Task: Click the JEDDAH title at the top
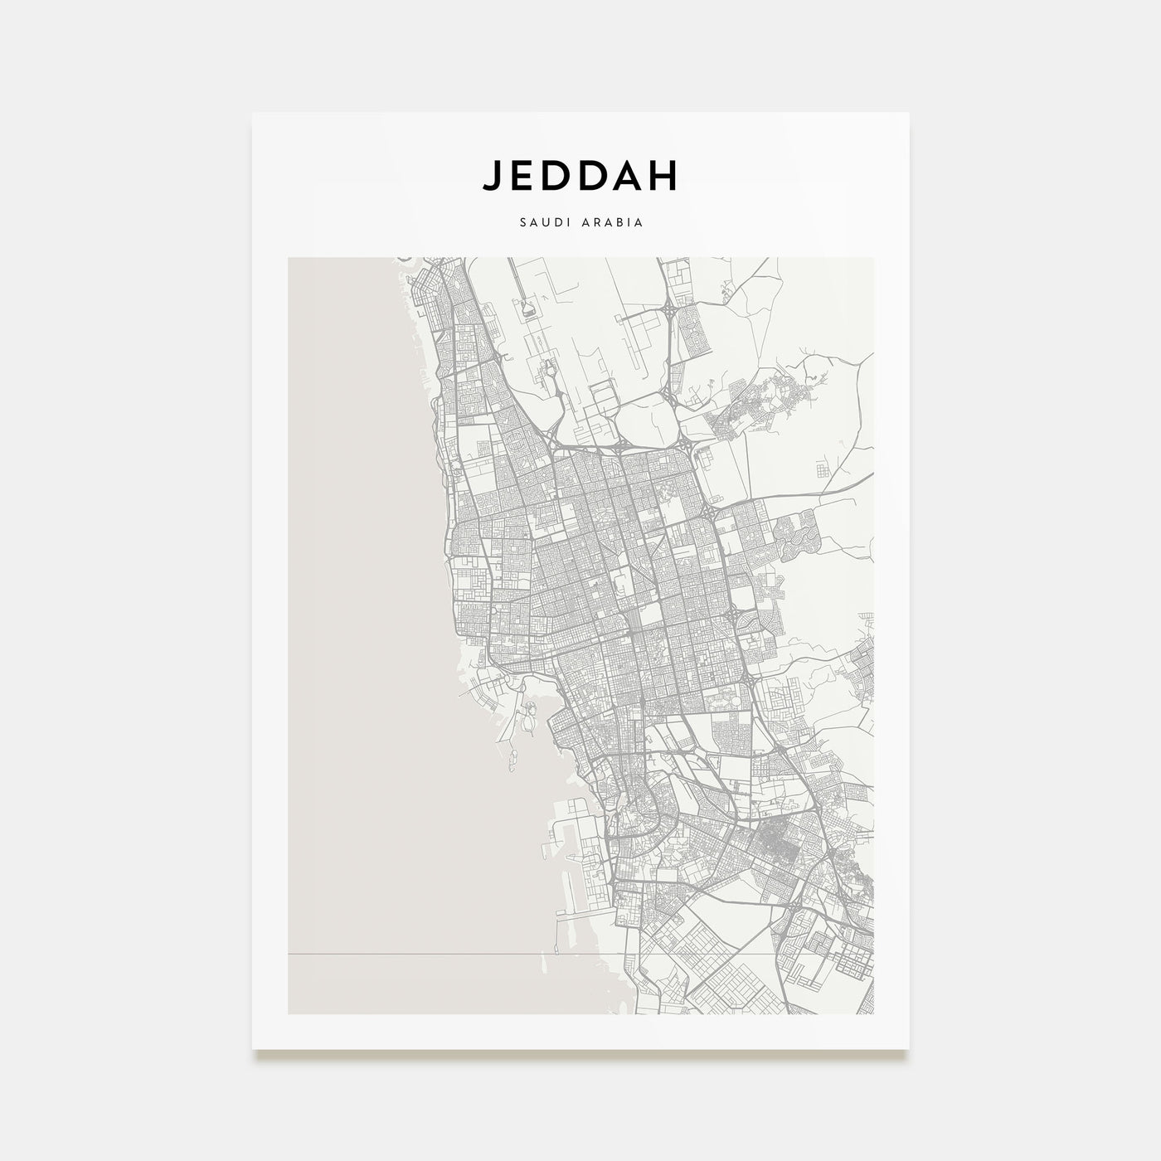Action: (x=580, y=175)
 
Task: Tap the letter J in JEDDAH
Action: (x=491, y=175)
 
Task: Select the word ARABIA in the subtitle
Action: (x=613, y=223)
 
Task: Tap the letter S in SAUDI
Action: (x=522, y=223)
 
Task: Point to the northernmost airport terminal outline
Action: (x=527, y=309)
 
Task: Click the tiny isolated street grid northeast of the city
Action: (x=823, y=470)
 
